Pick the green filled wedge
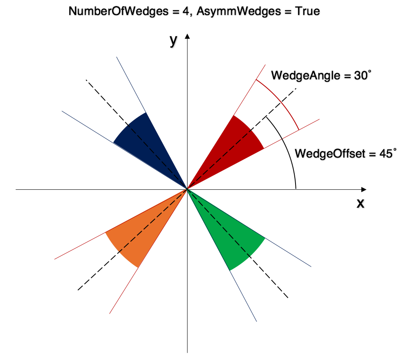point(228,236)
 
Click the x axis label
point(360,203)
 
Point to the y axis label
point(174,41)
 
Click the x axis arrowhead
point(363,189)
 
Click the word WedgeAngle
point(303,76)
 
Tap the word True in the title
point(306,11)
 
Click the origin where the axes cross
point(187,189)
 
